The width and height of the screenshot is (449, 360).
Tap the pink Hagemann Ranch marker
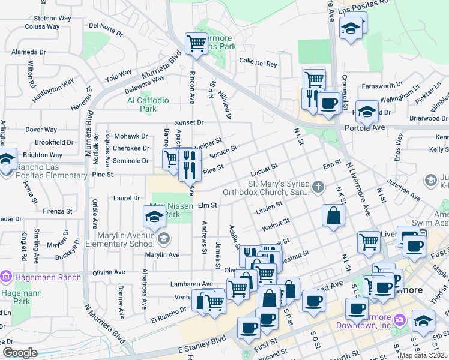coord(7,277)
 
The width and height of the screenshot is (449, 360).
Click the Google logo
coord(20,353)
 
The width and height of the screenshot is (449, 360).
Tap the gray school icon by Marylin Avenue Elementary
coord(163,239)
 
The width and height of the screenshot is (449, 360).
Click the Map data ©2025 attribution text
coord(423,355)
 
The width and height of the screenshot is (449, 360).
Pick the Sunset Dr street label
coord(190,122)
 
